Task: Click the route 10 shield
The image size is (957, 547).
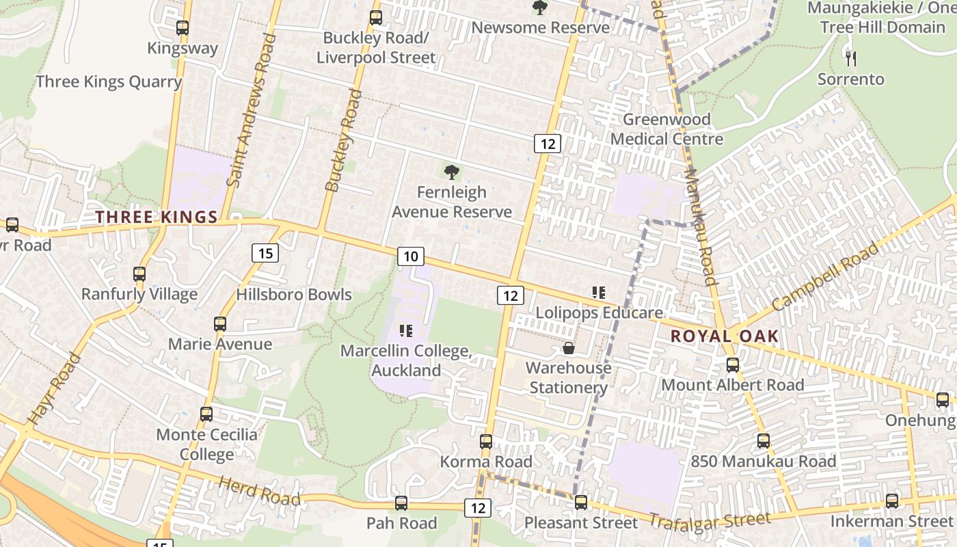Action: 410,256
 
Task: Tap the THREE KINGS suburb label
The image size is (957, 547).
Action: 157,217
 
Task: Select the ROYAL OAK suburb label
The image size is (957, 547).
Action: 725,336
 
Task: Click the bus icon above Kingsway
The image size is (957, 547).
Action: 183,28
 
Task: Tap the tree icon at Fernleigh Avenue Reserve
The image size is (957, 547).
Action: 451,172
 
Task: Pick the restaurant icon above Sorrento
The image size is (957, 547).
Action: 851,58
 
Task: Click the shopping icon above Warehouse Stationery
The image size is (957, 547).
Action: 568,349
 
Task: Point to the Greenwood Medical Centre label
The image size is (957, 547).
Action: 666,129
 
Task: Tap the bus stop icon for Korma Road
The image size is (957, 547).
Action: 486,442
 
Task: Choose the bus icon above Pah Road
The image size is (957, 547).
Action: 401,503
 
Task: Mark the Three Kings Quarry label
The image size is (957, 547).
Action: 109,82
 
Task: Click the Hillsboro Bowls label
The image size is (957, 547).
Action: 294,295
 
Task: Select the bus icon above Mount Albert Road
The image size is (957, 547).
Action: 733,365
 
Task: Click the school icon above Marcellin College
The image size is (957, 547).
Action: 406,332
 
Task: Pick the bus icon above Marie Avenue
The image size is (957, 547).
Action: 220,324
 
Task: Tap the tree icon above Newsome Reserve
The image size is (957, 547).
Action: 540,8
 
